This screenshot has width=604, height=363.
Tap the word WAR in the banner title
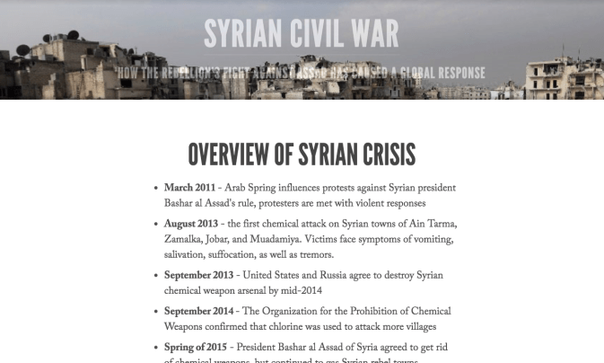[x=367, y=33]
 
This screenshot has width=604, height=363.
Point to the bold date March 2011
[x=189, y=188]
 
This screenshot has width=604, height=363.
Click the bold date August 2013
[x=192, y=223]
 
